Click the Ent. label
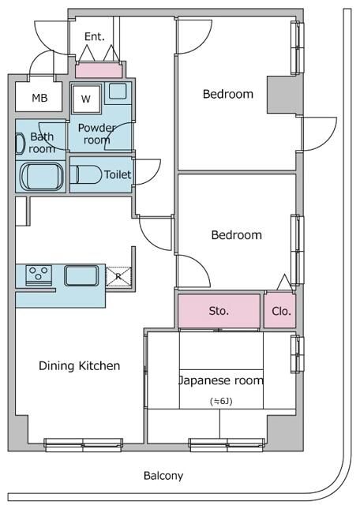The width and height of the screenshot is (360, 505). pyautogui.click(x=95, y=36)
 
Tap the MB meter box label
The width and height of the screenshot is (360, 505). pyautogui.click(x=39, y=98)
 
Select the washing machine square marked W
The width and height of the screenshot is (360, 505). pyautogui.click(x=86, y=99)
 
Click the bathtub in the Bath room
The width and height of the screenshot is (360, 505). pyautogui.click(x=42, y=177)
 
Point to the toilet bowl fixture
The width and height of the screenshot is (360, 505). pyautogui.click(x=86, y=174)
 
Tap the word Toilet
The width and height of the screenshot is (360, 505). pyautogui.click(x=118, y=174)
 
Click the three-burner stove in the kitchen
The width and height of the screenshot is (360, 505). pyautogui.click(x=39, y=275)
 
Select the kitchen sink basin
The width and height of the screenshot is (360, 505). pyautogui.click(x=81, y=275)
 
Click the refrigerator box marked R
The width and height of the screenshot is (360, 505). pyautogui.click(x=118, y=276)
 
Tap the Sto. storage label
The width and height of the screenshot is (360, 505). pyautogui.click(x=219, y=311)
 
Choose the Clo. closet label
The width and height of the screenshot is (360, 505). pyautogui.click(x=281, y=311)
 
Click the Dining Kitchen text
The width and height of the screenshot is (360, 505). pyautogui.click(x=79, y=366)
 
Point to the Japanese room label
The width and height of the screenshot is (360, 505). pyautogui.click(x=221, y=380)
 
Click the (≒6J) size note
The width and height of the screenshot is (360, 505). pyautogui.click(x=221, y=402)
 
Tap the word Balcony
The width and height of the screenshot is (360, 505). pyautogui.click(x=163, y=476)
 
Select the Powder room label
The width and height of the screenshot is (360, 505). pyautogui.click(x=96, y=133)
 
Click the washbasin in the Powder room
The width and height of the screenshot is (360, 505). pyautogui.click(x=118, y=92)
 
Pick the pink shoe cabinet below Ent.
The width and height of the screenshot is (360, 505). pyautogui.click(x=99, y=70)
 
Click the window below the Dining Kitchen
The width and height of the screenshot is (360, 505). pyautogui.click(x=83, y=444)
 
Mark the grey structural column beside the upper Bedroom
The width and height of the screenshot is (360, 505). pyautogui.click(x=281, y=95)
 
